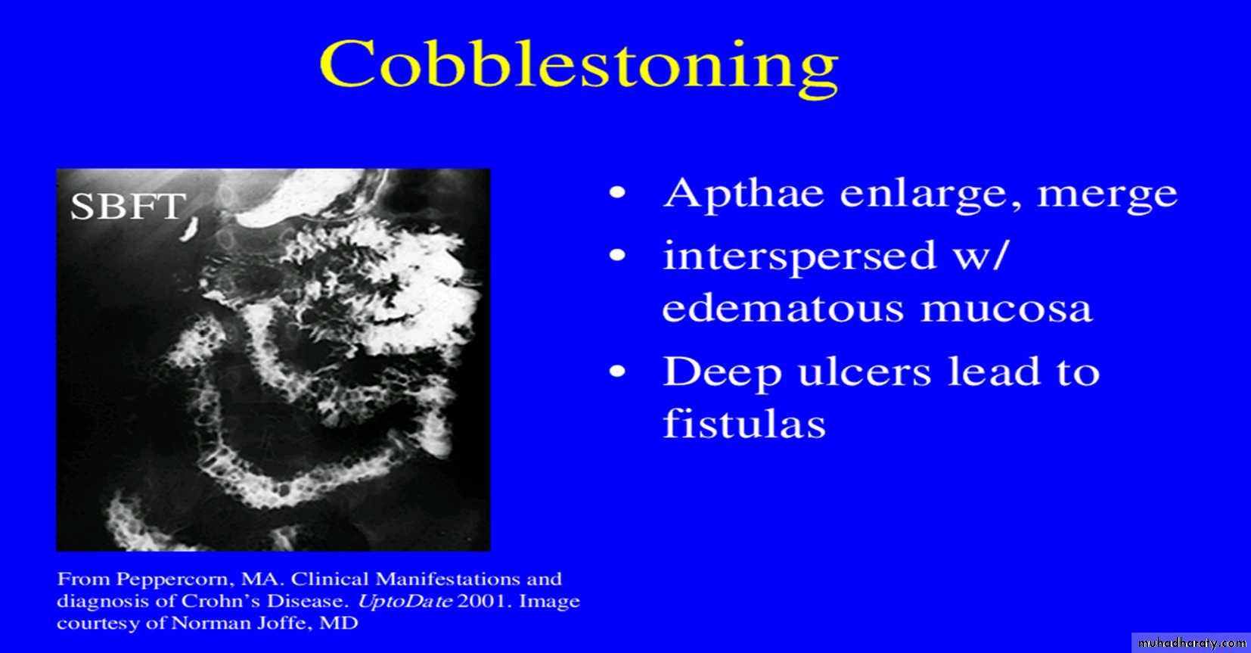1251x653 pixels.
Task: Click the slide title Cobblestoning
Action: pyautogui.click(x=579, y=66)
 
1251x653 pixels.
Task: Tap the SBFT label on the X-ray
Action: pyautogui.click(x=129, y=207)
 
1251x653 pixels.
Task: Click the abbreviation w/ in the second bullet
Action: pyautogui.click(x=980, y=256)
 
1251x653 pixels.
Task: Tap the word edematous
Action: pyautogui.click(x=783, y=309)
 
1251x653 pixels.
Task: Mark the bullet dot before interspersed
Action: pyautogui.click(x=618, y=255)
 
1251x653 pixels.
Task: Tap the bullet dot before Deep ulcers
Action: pyautogui.click(x=618, y=372)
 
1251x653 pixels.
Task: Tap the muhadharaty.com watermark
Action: pyautogui.click(x=1190, y=643)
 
